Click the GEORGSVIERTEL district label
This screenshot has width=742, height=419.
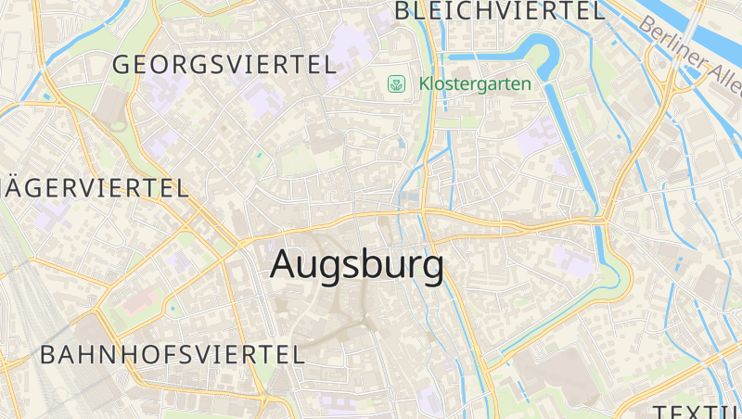click(223, 64)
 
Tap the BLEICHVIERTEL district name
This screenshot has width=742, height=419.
click(499, 11)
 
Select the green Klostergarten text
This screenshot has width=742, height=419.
click(475, 83)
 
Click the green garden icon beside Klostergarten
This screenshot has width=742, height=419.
click(397, 84)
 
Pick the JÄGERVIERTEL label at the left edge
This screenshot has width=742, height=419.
click(93, 187)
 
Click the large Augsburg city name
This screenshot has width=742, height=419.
click(357, 265)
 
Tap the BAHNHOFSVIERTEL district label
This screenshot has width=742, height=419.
click(173, 354)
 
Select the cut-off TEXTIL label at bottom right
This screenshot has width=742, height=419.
click(696, 411)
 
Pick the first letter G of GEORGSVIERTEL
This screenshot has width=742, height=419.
click(122, 64)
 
